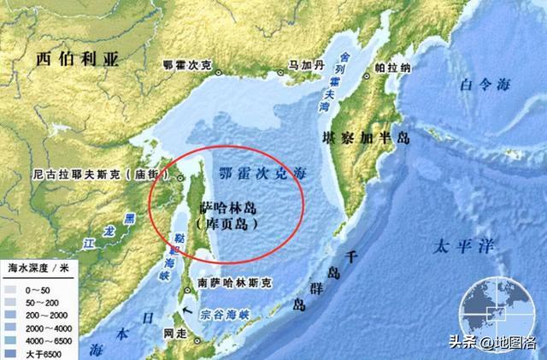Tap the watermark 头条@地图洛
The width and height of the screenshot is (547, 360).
click(x=500, y=343)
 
